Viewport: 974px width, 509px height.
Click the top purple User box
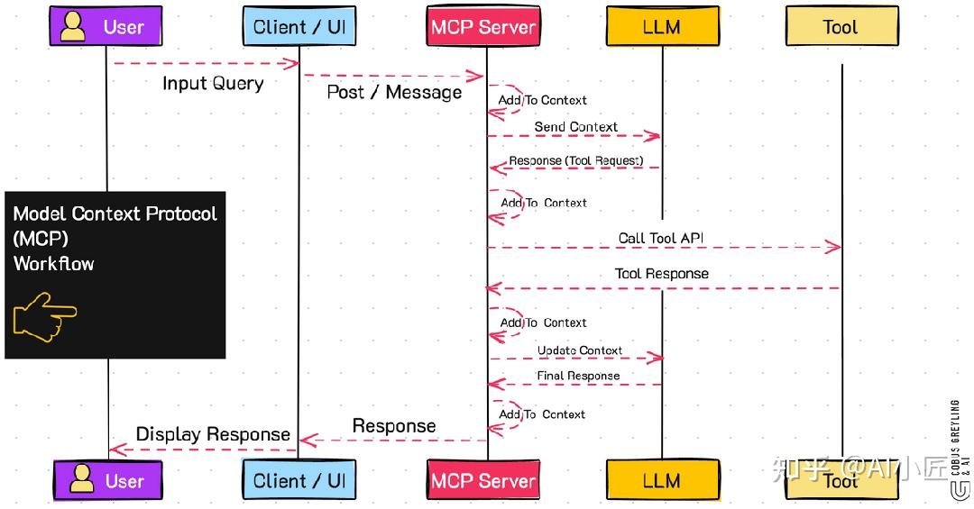pyautogui.click(x=106, y=27)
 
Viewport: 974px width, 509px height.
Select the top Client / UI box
pyautogui.click(x=299, y=27)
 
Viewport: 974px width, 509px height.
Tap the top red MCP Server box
pyautogui.click(x=483, y=27)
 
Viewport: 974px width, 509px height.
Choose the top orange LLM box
pyautogui.click(x=661, y=27)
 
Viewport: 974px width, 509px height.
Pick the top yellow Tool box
pyautogui.click(x=841, y=27)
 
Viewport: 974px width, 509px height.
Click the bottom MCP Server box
pyautogui.click(x=483, y=480)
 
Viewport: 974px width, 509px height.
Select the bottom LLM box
pyautogui.click(x=661, y=480)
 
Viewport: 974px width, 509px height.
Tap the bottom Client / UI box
pyautogui.click(x=299, y=480)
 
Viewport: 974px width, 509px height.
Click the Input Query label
pyautogui.click(x=213, y=84)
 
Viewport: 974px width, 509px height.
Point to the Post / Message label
pyautogui.click(x=394, y=92)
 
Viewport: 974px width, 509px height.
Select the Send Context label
pyautogui.click(x=575, y=127)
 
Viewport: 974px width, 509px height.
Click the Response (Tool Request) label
pyautogui.click(x=575, y=161)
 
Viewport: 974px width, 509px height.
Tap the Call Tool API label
pyautogui.click(x=661, y=239)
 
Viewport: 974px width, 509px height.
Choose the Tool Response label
pyautogui.click(x=661, y=274)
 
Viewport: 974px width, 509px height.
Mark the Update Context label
pyautogui.click(x=580, y=350)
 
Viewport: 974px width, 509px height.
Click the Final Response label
pyautogui.click(x=578, y=376)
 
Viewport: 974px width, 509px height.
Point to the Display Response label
pyautogui.click(x=213, y=434)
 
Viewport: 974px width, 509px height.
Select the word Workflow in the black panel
pyautogui.click(x=53, y=264)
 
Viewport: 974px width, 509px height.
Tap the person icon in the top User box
pyautogui.click(x=74, y=26)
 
